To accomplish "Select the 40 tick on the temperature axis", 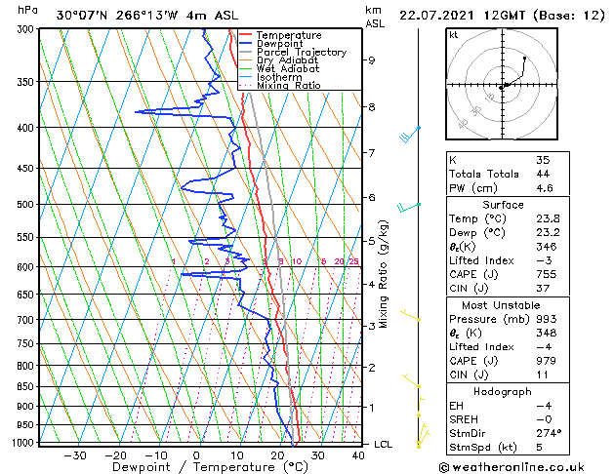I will point(359,455).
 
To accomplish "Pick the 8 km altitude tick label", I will point(372,106).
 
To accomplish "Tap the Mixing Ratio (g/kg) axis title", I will point(385,274).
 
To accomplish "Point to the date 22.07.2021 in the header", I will point(437,15).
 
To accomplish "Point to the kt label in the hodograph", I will point(454,35).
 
